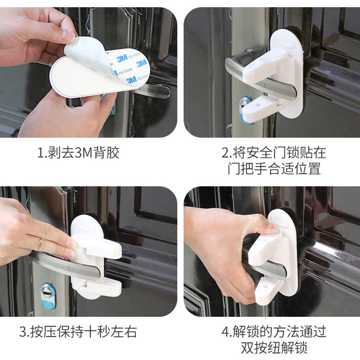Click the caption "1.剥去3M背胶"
click(79, 153)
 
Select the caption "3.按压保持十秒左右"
click(78, 332)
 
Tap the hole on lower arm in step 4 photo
click(264, 282)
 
